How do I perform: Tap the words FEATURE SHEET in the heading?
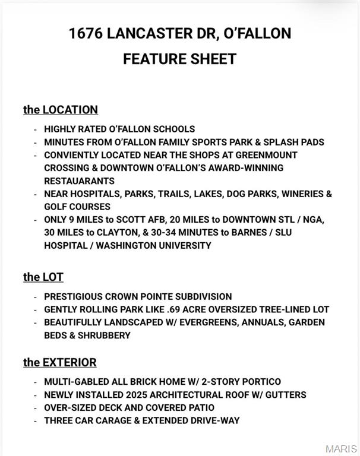[179, 59]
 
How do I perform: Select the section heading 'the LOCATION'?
[61, 110]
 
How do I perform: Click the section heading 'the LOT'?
[43, 277]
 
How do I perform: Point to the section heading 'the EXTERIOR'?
[59, 362]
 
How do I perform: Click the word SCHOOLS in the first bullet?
[174, 129]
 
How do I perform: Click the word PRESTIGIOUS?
[72, 296]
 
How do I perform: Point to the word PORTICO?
[260, 382]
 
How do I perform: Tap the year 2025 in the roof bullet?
[137, 395]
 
